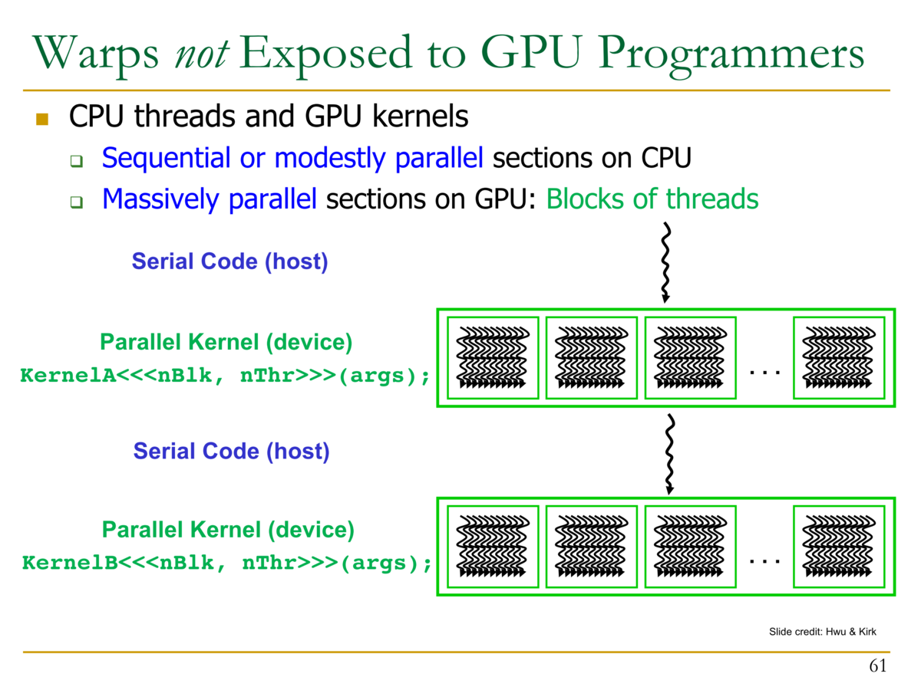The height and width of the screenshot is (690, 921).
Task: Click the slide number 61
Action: (x=878, y=665)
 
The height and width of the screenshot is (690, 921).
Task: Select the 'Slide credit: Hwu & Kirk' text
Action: (x=822, y=632)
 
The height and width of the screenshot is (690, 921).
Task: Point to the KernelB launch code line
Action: (x=226, y=563)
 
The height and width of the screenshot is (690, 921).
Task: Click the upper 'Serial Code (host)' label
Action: (x=229, y=261)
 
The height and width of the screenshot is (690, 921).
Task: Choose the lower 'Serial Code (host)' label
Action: (x=231, y=451)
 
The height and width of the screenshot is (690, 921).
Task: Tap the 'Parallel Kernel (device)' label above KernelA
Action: (x=226, y=343)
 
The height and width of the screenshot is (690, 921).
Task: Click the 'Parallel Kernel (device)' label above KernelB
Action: (x=228, y=530)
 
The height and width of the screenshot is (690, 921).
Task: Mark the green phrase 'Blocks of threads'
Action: (x=652, y=199)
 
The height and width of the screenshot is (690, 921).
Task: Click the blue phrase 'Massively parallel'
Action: (x=210, y=199)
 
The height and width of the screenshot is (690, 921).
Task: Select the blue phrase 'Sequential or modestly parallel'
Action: (x=292, y=159)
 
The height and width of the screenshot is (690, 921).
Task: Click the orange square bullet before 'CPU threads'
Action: (x=41, y=119)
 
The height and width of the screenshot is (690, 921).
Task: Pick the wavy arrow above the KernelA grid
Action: (x=666, y=263)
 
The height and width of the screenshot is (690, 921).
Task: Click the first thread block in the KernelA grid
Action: (x=493, y=357)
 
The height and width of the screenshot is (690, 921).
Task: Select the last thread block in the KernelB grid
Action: (x=838, y=546)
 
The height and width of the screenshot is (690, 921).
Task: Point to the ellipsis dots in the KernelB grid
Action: (x=764, y=561)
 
